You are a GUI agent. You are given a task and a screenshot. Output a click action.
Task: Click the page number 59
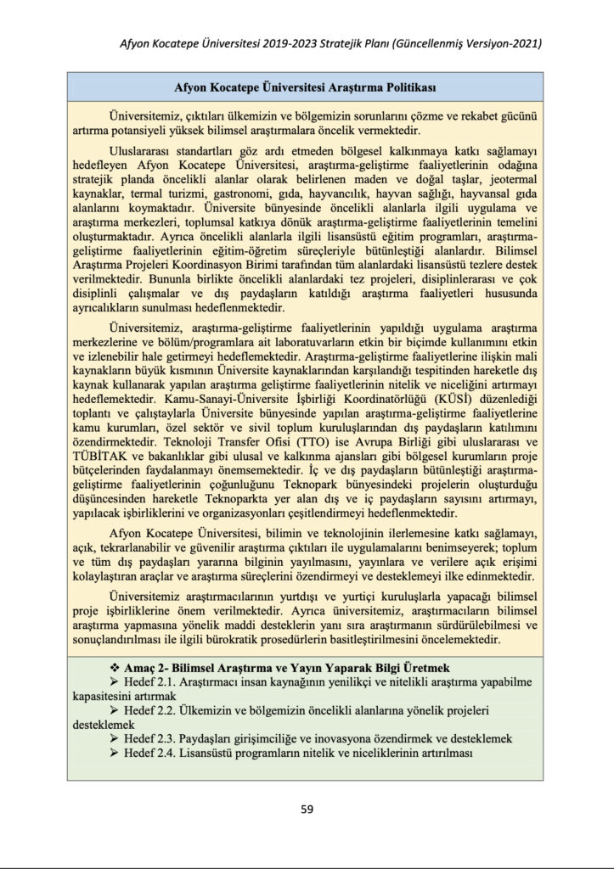(x=307, y=809)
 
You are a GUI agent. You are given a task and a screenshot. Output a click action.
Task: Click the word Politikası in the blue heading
(x=408, y=88)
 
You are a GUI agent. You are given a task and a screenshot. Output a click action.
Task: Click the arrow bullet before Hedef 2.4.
(x=115, y=754)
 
